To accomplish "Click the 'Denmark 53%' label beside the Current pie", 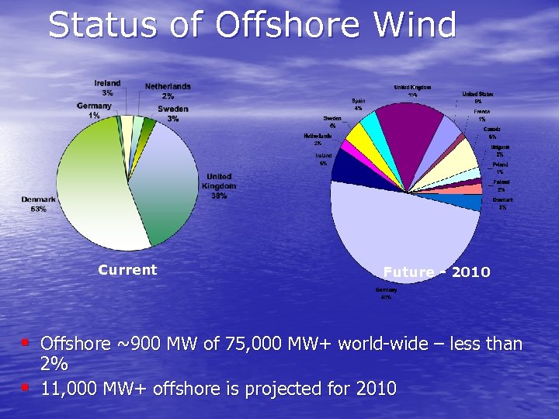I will [38, 204].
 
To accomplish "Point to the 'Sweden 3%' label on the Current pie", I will [172, 114].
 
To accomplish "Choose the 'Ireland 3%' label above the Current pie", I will [107, 88].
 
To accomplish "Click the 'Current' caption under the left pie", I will [127, 270].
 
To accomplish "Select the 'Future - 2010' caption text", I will [436, 272].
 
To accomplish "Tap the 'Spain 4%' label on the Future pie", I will [358, 104].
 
